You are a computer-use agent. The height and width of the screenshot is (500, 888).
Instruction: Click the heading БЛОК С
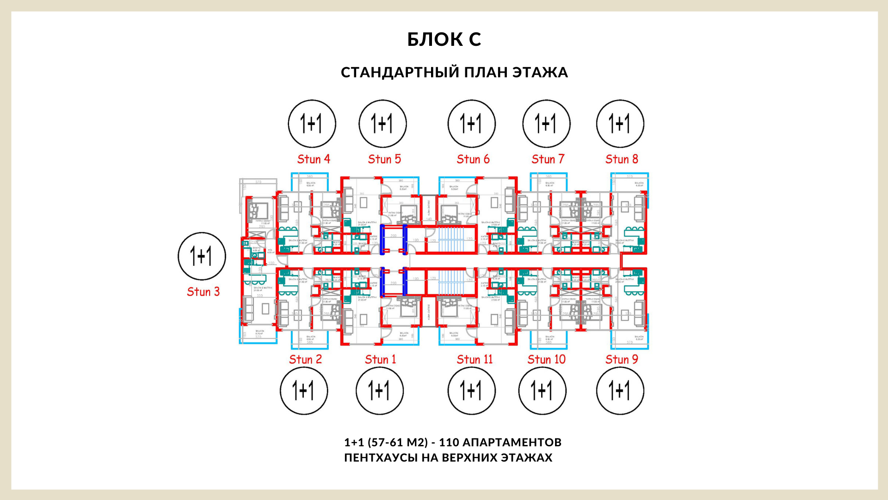(444, 40)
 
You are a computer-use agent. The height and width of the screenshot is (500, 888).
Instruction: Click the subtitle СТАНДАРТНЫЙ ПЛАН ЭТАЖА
(454, 73)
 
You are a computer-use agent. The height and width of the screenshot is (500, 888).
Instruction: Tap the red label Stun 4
(314, 159)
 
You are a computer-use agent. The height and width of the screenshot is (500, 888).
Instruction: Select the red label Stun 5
(384, 159)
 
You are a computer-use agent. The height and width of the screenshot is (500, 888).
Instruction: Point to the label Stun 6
(473, 159)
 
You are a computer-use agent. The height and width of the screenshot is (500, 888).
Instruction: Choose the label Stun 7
(548, 159)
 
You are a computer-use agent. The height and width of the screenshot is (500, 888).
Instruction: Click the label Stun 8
(622, 159)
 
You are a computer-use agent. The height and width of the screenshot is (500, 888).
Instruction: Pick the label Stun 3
(203, 292)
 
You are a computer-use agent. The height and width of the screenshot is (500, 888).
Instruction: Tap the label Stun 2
(305, 359)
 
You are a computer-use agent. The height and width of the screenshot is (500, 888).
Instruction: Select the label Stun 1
(380, 359)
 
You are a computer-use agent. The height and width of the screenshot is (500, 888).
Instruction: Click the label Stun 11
(475, 359)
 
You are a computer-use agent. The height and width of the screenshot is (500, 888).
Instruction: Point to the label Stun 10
(546, 359)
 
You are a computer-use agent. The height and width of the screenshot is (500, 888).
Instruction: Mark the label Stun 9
(622, 359)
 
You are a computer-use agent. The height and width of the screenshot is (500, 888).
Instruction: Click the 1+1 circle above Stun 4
(312, 124)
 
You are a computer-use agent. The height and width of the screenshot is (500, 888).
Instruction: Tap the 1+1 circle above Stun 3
(202, 256)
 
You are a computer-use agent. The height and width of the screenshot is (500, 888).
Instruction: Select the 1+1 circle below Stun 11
(471, 390)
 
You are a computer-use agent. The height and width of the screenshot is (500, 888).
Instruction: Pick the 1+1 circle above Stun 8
(620, 124)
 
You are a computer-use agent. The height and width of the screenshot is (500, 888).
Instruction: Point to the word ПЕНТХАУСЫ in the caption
(381, 458)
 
